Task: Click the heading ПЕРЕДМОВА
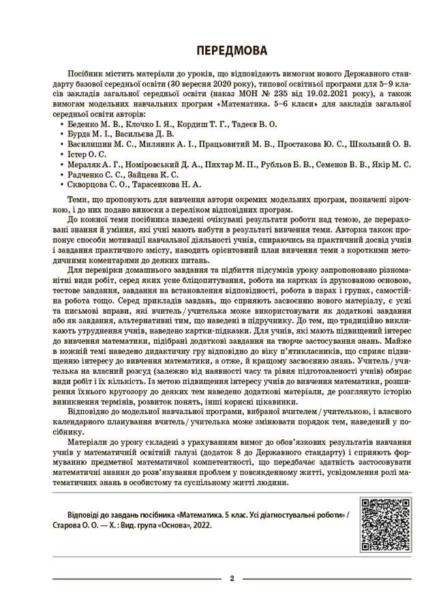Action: tap(221, 50)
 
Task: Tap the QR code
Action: tap(385, 525)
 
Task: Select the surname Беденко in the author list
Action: tap(84, 125)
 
